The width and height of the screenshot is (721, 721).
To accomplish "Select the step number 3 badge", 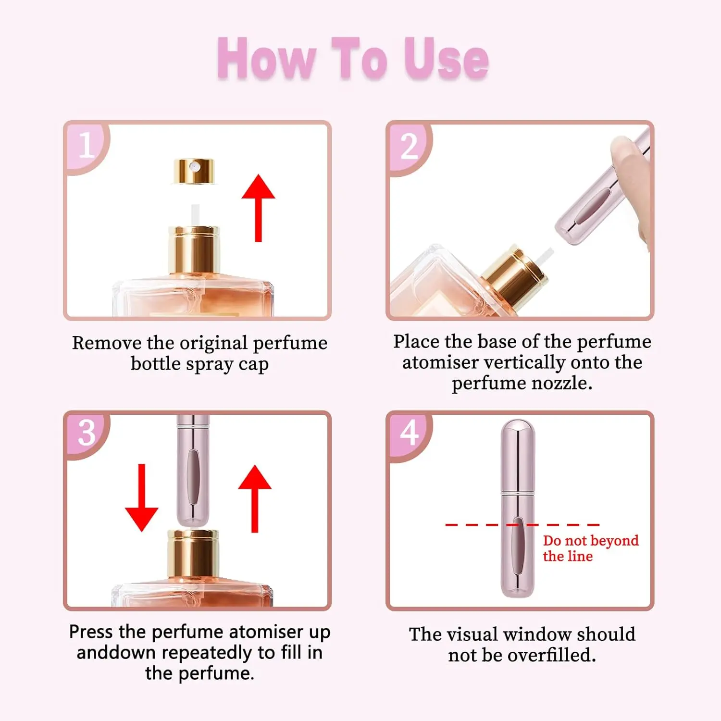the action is click(x=87, y=433).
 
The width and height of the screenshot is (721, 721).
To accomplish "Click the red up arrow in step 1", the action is click(x=258, y=208).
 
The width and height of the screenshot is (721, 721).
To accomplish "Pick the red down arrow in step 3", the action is click(x=142, y=497).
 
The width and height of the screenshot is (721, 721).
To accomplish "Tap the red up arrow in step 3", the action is click(x=255, y=498).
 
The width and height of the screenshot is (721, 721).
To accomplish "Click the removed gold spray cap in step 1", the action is click(x=194, y=172).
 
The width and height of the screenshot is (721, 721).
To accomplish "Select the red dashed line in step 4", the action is click(x=522, y=525).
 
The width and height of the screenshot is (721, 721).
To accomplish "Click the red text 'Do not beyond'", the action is click(x=591, y=541).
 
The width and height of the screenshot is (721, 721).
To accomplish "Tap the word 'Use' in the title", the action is click(x=446, y=59).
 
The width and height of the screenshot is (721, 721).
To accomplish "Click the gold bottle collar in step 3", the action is click(x=193, y=553).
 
